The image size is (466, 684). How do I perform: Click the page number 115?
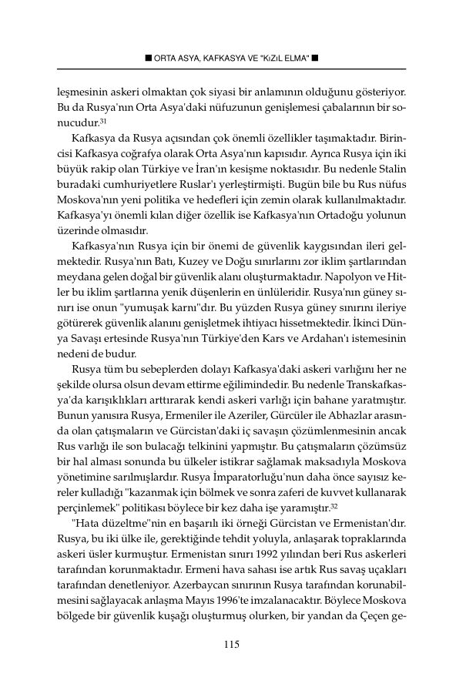tap(232, 644)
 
